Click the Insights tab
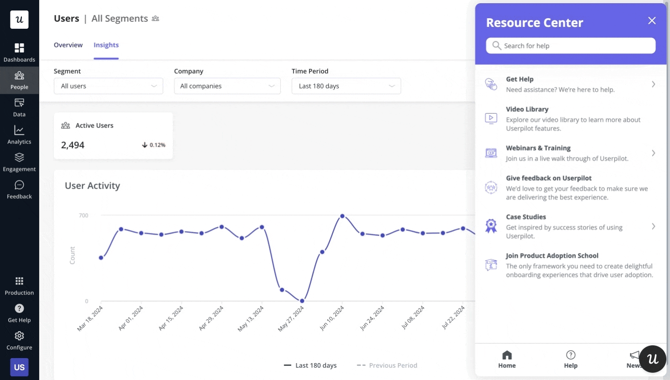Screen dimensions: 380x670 coord(106,45)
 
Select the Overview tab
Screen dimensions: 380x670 coord(68,45)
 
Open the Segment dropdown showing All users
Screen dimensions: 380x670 coord(108,86)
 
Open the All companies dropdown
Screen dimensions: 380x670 coord(227,86)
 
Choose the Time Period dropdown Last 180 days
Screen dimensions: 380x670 coord(346,86)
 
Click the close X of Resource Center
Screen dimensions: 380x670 coord(652,21)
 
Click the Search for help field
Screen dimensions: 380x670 coord(571,46)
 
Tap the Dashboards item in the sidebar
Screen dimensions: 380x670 coord(19,53)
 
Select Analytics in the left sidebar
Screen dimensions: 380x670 coord(19,135)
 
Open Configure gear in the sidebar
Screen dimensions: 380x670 coord(19,340)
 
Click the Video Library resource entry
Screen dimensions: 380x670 coord(527,109)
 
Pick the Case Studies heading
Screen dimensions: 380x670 coord(526,217)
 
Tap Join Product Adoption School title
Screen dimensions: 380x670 coord(552,256)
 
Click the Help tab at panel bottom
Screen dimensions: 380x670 coord(571,359)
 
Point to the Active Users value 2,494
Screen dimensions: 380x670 coord(73,145)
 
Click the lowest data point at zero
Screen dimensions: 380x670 coord(302,301)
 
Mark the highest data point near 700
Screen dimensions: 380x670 coord(342,216)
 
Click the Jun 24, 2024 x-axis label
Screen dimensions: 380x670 coord(372,318)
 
